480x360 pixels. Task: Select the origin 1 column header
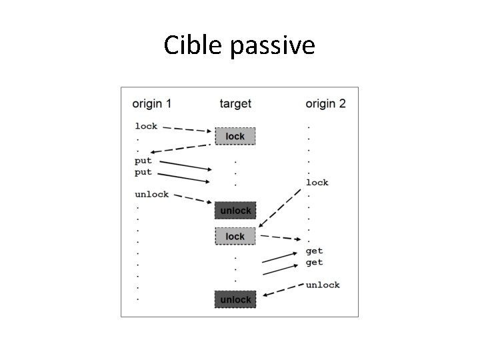[151, 103]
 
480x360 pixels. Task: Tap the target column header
[235, 103]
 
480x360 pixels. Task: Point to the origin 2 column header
[325, 103]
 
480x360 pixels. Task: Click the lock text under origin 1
[146, 125]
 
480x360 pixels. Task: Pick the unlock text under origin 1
[151, 194]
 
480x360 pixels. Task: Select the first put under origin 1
[143, 160]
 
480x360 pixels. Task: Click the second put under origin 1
[143, 171]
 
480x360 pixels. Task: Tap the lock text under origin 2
[317, 182]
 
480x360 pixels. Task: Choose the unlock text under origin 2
[323, 285]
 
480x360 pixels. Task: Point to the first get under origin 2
[314, 251]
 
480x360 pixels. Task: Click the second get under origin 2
[314, 262]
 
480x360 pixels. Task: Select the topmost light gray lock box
[235, 136]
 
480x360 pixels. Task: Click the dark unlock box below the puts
[235, 211]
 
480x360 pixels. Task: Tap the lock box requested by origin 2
[235, 236]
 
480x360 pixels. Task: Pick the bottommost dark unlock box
[235, 299]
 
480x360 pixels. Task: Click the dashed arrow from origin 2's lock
[280, 208]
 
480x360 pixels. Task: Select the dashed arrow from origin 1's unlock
[193, 199]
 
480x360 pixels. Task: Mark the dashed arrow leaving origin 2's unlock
[283, 290]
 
